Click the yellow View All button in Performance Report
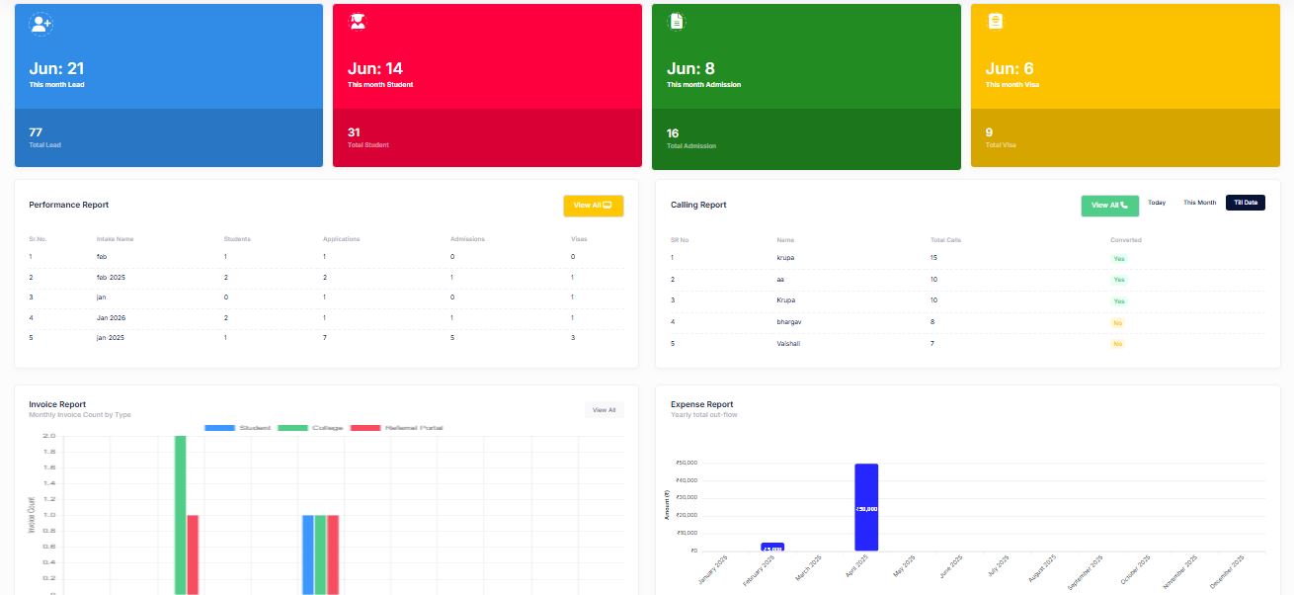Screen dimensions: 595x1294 [x=593, y=206]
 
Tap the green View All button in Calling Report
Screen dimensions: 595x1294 [x=1109, y=206]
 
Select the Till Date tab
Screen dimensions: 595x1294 [x=1245, y=203]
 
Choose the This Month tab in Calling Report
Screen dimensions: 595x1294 [x=1199, y=203]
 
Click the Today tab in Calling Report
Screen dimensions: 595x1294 [x=1157, y=203]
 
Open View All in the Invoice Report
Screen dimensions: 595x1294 [x=604, y=410]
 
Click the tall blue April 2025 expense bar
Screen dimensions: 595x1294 [x=866, y=507]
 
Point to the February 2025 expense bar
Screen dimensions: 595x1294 [x=772, y=547]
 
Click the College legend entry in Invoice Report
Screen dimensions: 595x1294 [x=311, y=428]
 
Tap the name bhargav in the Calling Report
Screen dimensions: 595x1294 [x=790, y=322]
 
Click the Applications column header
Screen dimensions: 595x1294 [x=341, y=239]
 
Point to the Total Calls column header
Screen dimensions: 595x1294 [x=947, y=240]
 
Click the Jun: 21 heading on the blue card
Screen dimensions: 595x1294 [x=56, y=68]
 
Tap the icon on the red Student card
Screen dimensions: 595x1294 [x=358, y=21]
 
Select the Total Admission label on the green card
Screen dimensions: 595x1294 [x=691, y=146]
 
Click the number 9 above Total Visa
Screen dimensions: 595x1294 [x=989, y=132]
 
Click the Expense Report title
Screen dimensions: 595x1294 [x=701, y=404]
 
